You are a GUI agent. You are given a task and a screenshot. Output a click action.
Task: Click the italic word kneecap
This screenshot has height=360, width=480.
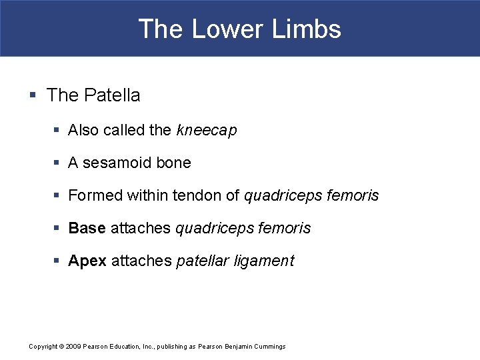coord(207,131)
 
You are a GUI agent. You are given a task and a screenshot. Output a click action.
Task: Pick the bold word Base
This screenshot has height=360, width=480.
coord(87,228)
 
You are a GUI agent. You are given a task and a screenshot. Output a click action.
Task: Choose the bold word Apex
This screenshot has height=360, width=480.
coord(87,261)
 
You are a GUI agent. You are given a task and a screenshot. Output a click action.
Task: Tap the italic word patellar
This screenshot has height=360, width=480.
coord(202,261)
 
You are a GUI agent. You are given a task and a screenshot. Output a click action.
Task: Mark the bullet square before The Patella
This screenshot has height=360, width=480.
coord(33,96)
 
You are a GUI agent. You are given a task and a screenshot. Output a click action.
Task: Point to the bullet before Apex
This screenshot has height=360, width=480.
coord(55,261)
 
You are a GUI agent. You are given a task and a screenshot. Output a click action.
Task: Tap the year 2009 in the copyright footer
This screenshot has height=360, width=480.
coord(73,346)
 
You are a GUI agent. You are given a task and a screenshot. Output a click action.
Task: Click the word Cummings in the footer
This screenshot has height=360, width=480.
coord(269,346)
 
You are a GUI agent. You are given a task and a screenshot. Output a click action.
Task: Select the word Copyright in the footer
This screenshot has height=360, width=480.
coord(43,346)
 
